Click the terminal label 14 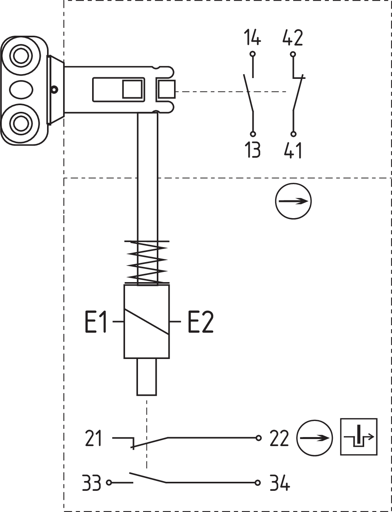pos(252,38)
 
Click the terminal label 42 pos(292,38)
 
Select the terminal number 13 pos(253,150)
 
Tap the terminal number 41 pos(293,150)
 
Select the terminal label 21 pos(93,438)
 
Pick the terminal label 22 pos(279,438)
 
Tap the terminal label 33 pos(92,483)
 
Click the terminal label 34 pos(280,483)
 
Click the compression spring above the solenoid pos(147,262)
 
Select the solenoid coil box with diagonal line pos(147,321)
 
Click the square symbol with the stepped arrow pos(359,437)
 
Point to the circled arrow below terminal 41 pos(293,201)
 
